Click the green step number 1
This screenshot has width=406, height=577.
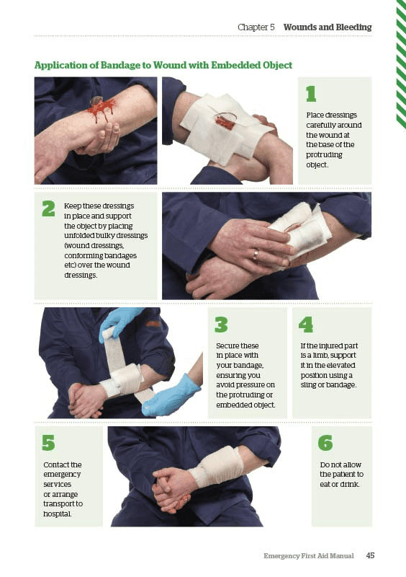pyautogui.click(x=311, y=94)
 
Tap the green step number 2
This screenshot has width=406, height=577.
pyautogui.click(x=48, y=208)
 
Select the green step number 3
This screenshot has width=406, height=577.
pyautogui.click(x=222, y=325)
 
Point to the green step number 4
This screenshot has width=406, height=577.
pyautogui.click(x=306, y=325)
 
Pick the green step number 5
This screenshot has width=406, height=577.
pyautogui.click(x=48, y=443)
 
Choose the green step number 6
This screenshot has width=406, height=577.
pyautogui.click(x=325, y=443)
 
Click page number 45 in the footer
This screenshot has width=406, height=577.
pyautogui.click(x=370, y=555)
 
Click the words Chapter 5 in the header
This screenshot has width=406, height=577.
pyautogui.click(x=256, y=27)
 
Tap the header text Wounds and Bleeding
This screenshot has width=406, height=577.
pyautogui.click(x=328, y=27)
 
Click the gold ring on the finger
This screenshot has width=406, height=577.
pyautogui.click(x=256, y=254)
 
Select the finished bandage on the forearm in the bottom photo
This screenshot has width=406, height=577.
pyautogui.click(x=215, y=466)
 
